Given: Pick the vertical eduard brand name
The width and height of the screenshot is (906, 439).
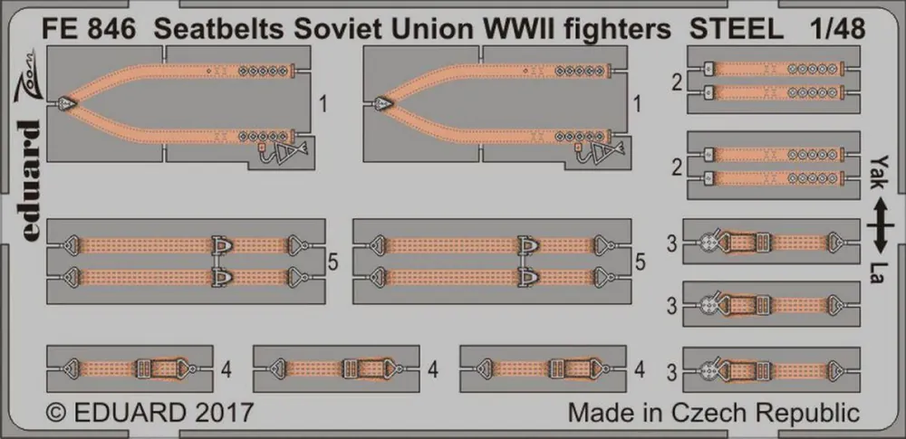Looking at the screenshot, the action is point(28,180).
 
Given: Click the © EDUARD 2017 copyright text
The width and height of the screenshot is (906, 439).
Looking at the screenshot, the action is point(149,413).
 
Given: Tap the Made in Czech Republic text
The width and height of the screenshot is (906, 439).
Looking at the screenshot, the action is point(714,414).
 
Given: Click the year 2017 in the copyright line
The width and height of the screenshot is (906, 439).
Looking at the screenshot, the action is point(224,413).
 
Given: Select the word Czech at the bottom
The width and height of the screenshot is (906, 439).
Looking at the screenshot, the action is point(693,414).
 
